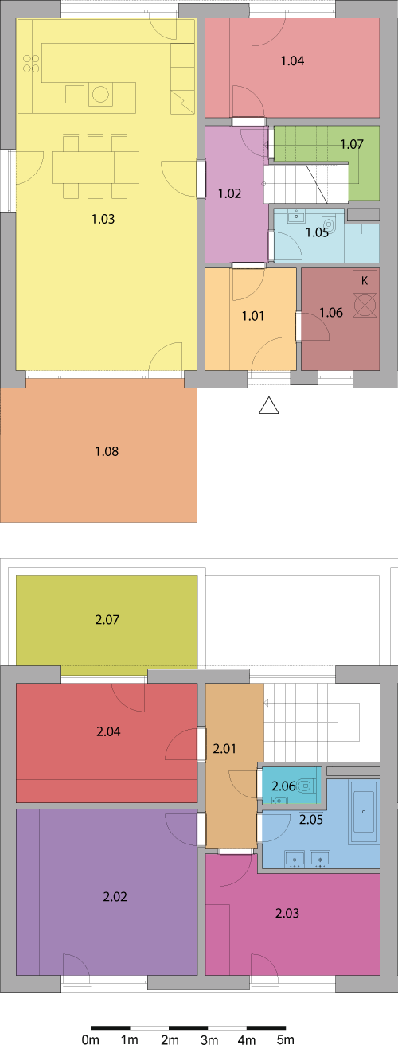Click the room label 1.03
pos(103,219)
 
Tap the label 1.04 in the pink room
pos(292,60)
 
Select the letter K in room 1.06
pos(365,280)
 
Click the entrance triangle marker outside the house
pos(269,405)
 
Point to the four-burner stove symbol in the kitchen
pos(31,64)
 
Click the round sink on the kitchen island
pos(100,94)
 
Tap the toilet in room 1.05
pos(330,224)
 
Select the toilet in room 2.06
pos(306,786)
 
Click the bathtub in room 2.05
pos(364,812)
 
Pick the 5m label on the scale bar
pos(285,1039)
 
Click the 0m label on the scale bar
pos(91,1039)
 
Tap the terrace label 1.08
pos(107,451)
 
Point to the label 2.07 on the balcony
pos(107,619)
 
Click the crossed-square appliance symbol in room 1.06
pos(365,305)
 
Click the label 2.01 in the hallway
pos(224,748)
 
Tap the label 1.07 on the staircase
pos(352,144)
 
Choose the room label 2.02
pos(115,896)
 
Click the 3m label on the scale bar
pos(209,1039)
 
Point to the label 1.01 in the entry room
pos(253,316)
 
